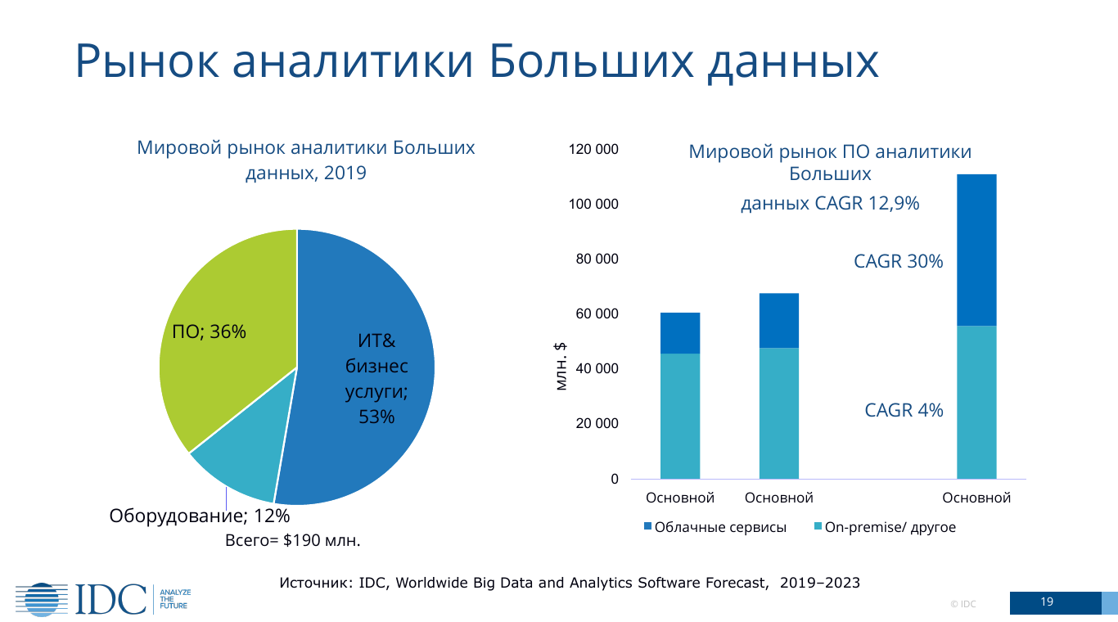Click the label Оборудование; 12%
click(199, 516)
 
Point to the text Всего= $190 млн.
click(293, 541)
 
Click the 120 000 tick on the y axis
click(593, 150)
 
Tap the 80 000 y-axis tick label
click(597, 259)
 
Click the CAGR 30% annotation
click(898, 262)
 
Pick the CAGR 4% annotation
click(904, 411)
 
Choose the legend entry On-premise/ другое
click(885, 528)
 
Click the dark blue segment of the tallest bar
click(976, 250)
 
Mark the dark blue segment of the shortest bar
click(680, 333)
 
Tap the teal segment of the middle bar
click(779, 413)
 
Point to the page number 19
click(1047, 602)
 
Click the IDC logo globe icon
click(41, 599)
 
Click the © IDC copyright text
click(962, 604)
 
